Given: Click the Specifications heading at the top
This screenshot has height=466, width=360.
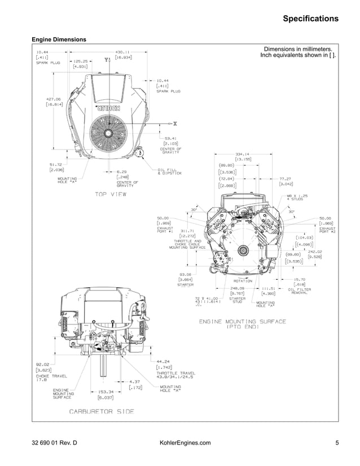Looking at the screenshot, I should pyautogui.click(x=310, y=19).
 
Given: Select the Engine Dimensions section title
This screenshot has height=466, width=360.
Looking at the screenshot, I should pyautogui.click(x=59, y=39).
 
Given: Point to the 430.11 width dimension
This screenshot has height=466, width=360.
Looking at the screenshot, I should pyautogui.click(x=123, y=51).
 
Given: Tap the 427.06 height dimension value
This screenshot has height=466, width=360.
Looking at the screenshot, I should pyautogui.click(x=54, y=98).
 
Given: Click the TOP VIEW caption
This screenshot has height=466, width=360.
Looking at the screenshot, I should pyautogui.click(x=110, y=194).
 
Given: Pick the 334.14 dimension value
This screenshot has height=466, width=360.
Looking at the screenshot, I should pyautogui.click(x=243, y=154).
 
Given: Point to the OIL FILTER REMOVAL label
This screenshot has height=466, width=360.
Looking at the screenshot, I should pyautogui.click(x=302, y=292).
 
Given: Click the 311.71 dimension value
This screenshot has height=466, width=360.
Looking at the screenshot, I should pyautogui.click(x=187, y=231).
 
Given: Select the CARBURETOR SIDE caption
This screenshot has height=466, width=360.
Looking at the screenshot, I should pyautogui.click(x=102, y=411).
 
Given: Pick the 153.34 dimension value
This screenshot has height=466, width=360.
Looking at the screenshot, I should pyautogui.click(x=106, y=391).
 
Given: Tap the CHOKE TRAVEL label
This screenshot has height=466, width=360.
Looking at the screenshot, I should pyautogui.click(x=51, y=376).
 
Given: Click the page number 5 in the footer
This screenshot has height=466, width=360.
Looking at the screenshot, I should pyautogui.click(x=337, y=443).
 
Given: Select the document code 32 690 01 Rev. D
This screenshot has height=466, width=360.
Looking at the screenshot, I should pyautogui.click(x=54, y=443).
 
